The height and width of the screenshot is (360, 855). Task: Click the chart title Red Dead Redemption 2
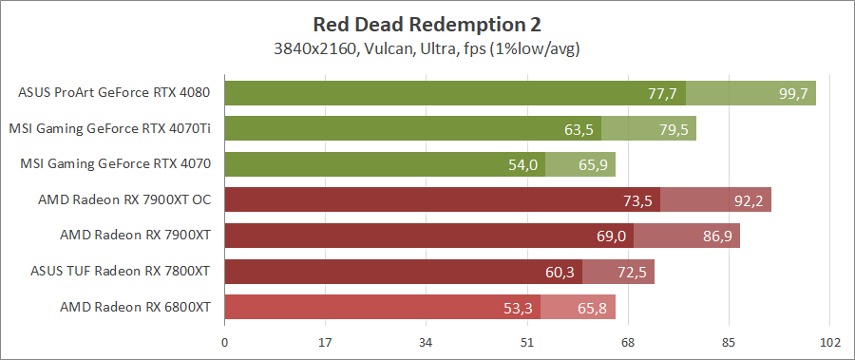427,23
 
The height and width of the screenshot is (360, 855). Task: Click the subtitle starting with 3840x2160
427,47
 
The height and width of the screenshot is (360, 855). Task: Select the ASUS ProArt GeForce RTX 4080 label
114,93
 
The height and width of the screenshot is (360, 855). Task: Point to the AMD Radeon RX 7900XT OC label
123,200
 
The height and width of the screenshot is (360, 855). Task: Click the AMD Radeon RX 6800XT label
135,307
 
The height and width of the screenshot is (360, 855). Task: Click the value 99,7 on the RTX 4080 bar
793,93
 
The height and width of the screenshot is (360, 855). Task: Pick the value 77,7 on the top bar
661,93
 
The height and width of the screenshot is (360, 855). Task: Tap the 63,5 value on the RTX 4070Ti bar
579,129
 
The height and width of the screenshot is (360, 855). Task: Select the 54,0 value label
523,164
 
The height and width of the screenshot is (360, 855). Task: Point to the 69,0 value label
611,236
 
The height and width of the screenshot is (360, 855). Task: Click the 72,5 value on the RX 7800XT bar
632,272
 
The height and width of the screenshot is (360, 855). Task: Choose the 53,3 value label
519,308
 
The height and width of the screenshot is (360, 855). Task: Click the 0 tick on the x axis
224,342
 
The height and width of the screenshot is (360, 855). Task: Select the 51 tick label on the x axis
527,342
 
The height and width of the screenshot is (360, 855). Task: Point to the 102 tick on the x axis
830,342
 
